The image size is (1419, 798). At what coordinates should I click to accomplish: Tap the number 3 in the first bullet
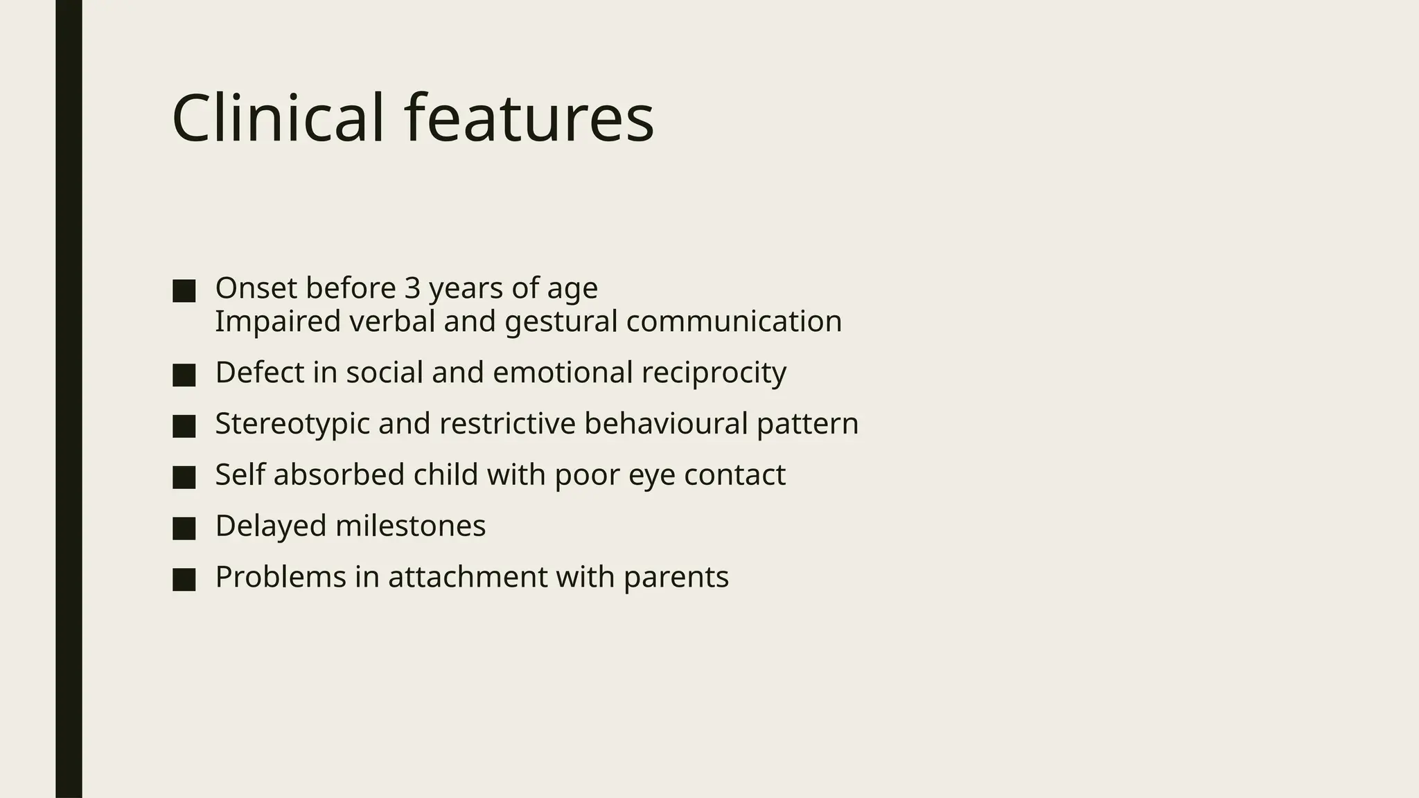412,287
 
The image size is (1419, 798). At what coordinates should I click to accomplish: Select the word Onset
256,287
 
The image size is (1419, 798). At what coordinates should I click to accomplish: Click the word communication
734,321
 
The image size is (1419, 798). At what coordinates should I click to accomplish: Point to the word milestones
410,526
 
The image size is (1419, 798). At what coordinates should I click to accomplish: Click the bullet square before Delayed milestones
184,529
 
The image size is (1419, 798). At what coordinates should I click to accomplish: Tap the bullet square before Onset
184,291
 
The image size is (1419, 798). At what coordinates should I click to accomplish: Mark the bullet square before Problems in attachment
184,580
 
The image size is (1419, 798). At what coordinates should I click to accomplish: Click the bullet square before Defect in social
184,375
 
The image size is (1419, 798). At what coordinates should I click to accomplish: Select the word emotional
563,373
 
